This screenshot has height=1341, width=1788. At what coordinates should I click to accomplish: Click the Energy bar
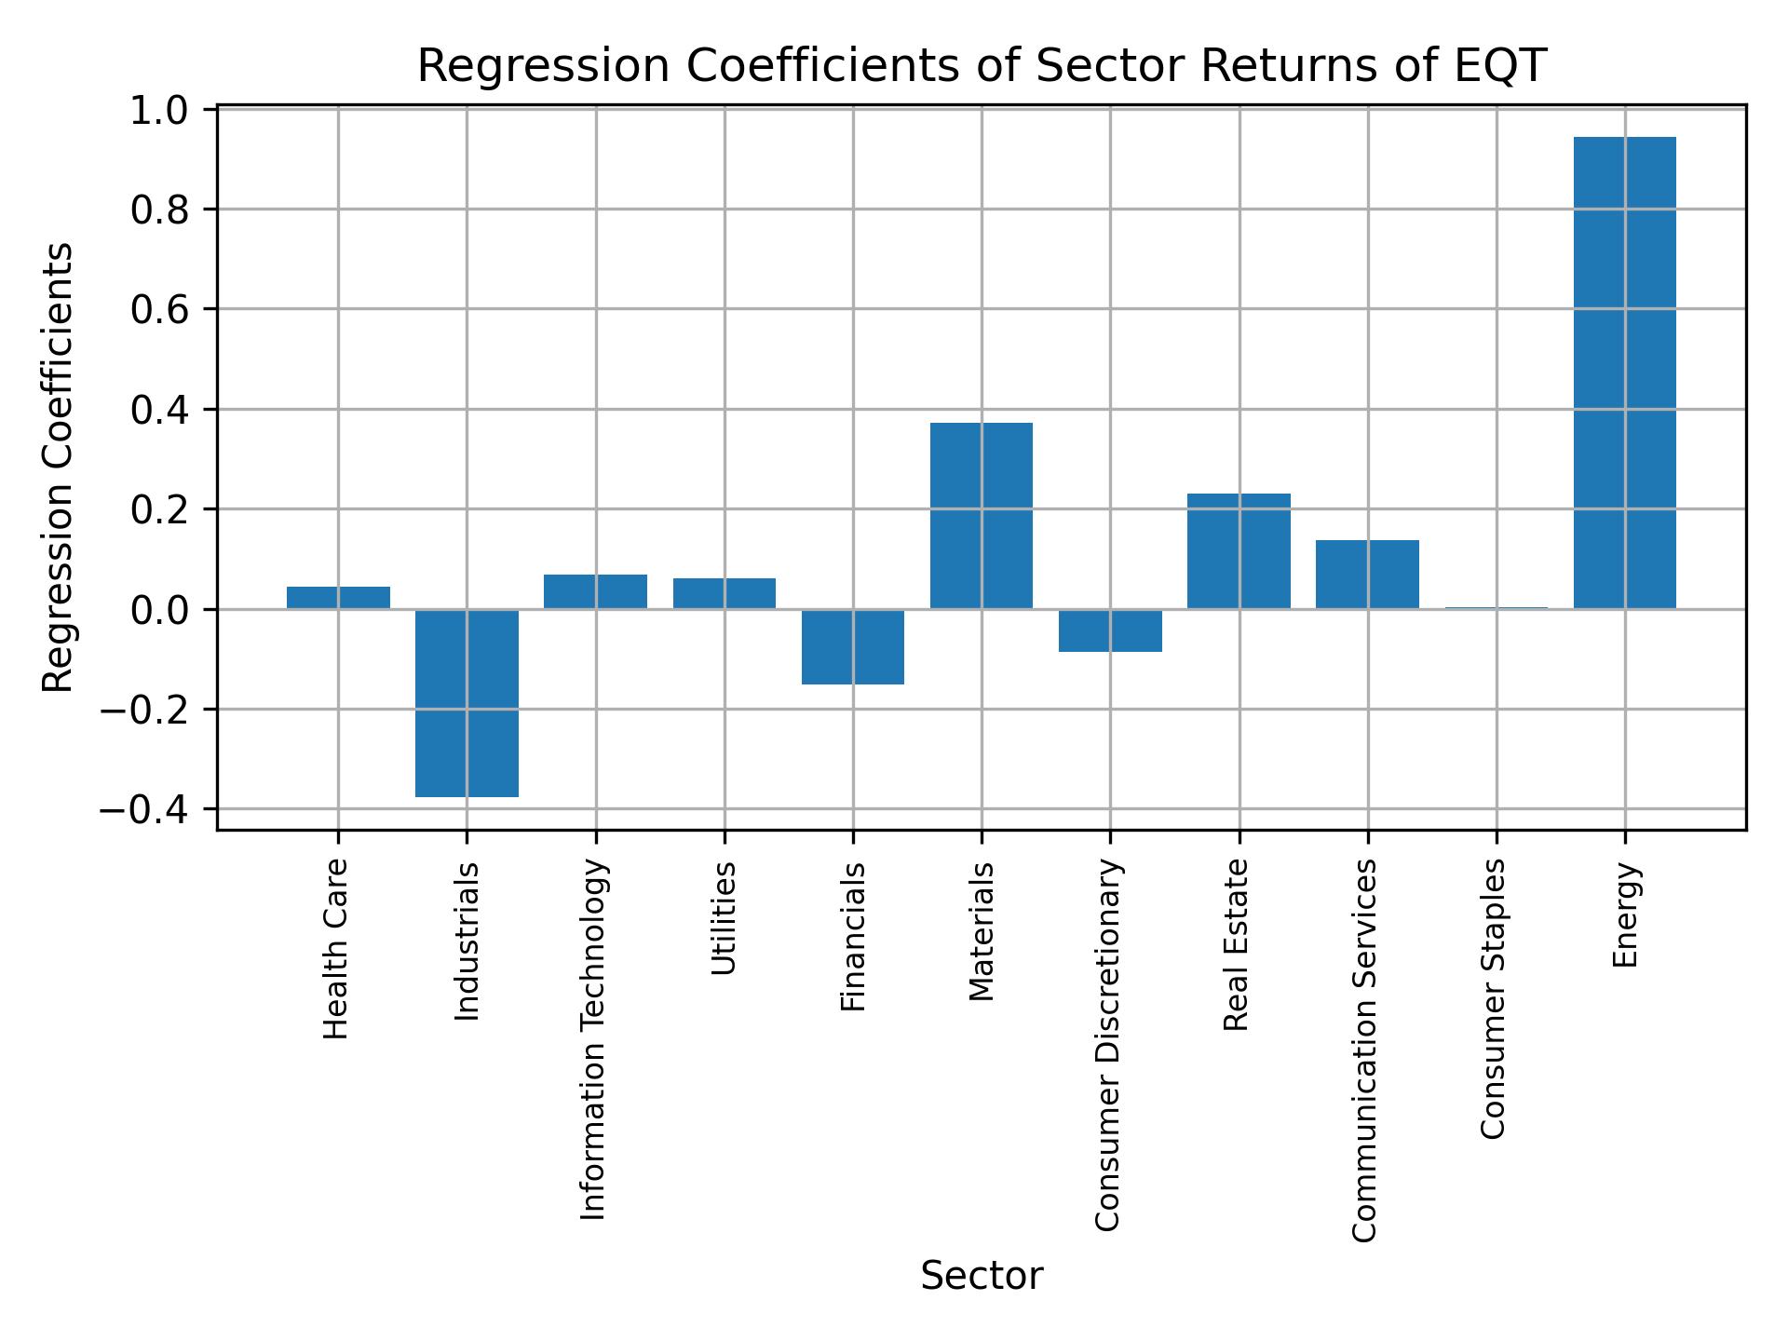(x=1624, y=372)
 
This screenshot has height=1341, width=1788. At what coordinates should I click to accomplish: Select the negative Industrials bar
(x=467, y=703)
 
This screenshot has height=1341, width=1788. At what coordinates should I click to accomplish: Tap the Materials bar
(x=982, y=516)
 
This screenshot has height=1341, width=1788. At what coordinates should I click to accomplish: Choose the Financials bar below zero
(x=853, y=647)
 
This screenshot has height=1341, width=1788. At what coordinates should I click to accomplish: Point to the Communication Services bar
(x=1367, y=575)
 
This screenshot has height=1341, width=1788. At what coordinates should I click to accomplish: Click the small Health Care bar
(x=338, y=598)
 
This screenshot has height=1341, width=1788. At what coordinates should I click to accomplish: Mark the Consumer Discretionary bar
(x=1110, y=630)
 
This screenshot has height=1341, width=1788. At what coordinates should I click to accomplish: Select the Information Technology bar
(x=595, y=592)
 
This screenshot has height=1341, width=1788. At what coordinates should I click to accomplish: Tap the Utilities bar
(x=725, y=594)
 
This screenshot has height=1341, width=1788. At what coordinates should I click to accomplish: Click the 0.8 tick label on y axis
(x=160, y=210)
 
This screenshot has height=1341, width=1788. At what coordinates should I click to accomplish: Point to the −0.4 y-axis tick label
(x=144, y=810)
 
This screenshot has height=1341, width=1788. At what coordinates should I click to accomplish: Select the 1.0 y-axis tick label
(x=160, y=111)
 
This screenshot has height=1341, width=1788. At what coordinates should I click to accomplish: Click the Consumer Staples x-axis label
(x=1493, y=998)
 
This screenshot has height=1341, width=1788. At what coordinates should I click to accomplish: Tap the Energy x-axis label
(x=1624, y=915)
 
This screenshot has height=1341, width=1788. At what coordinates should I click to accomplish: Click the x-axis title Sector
(x=982, y=1277)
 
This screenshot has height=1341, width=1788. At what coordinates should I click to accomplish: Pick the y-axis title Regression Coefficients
(x=59, y=467)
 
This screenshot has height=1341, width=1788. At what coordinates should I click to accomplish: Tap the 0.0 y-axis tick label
(x=160, y=610)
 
